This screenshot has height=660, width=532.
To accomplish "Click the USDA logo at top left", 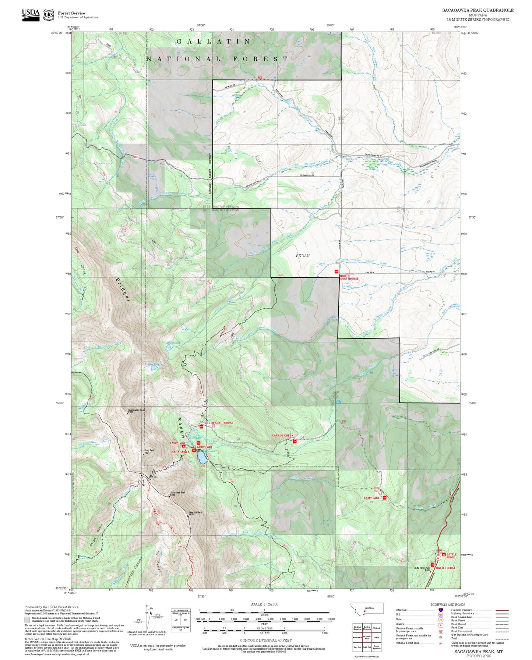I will coord(31,15).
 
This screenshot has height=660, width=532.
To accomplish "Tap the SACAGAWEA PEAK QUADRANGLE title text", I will coord(478,10).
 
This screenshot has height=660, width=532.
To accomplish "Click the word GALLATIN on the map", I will coord(214,42).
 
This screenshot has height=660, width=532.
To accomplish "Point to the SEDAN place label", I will coord(303,256).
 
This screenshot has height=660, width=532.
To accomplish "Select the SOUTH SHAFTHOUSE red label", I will coord(219,423).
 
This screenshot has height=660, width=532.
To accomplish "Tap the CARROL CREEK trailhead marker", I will coord(295,441).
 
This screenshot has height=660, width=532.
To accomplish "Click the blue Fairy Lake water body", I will coord(201,458).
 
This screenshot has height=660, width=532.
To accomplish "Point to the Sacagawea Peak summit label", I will coord(177,493).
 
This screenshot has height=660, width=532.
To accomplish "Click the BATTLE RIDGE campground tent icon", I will coord(444,554).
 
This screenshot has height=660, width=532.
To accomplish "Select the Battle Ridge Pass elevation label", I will coord(422,569).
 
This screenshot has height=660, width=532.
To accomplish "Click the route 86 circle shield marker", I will coord(438,558).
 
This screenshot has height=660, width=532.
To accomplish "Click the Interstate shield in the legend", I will coord(440,610).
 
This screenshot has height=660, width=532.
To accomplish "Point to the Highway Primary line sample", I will coord(502,610).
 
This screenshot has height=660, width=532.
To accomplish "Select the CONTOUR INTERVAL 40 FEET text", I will coord(266,630).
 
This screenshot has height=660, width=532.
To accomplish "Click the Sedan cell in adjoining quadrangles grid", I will coord(376,638).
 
